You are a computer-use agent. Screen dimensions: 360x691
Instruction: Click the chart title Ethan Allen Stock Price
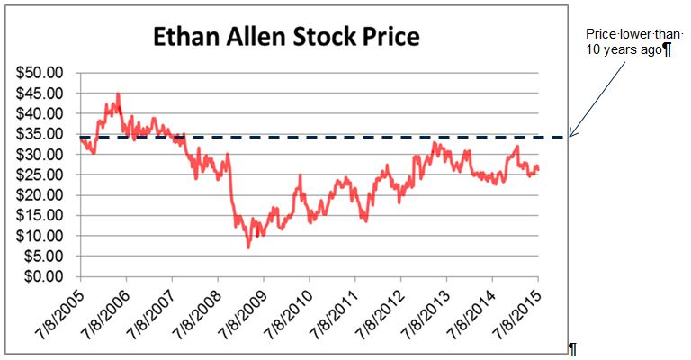(x=286, y=38)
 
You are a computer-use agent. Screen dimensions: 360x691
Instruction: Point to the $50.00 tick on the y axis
(x=42, y=72)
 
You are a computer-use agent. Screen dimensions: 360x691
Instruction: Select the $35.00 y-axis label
(x=42, y=133)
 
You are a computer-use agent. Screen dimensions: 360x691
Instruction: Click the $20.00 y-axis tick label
(x=42, y=194)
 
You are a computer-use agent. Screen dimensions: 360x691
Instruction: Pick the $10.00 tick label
(x=42, y=236)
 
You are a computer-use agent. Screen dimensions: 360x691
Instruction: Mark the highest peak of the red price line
(x=118, y=94)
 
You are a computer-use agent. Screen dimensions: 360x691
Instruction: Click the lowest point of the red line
(x=249, y=247)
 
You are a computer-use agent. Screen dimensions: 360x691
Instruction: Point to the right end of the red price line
(x=538, y=168)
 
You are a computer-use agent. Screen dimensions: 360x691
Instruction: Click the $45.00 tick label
(x=42, y=93)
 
